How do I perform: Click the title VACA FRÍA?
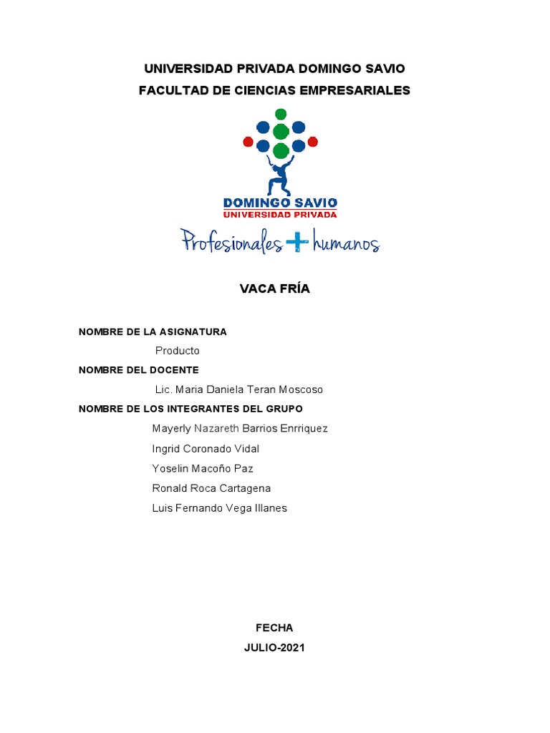274,289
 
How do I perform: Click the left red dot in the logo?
248,142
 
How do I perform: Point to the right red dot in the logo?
313,142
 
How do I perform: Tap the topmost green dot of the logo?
281,114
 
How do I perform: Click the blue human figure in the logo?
280,176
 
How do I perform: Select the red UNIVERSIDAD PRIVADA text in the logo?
280,214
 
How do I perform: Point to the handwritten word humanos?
345,244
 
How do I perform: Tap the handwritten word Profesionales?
231,242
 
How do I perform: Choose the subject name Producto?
177,351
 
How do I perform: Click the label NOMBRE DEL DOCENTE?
138,370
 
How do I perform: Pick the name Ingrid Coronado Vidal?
206,449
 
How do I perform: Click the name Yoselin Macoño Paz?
203,469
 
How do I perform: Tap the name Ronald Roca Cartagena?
211,488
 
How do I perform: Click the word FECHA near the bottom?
274,628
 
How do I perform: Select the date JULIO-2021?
274,648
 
